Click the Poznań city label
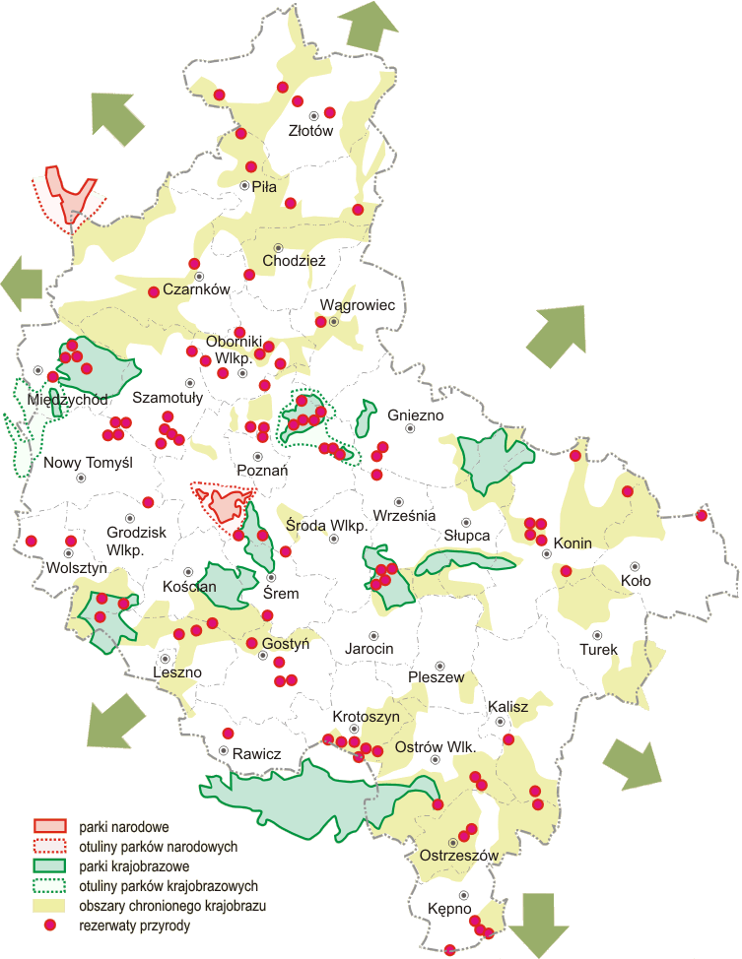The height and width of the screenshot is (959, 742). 262,472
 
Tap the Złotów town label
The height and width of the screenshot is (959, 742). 311,130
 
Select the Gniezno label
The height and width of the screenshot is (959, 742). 416,416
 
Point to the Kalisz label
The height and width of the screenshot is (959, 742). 508,707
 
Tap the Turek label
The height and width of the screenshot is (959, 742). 598,650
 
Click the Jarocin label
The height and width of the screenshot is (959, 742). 370,649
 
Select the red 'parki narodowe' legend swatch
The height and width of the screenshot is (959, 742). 49,826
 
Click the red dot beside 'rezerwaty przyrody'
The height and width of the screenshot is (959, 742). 49,926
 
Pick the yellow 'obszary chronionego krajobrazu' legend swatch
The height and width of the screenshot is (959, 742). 49,905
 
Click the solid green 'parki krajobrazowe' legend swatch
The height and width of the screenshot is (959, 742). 49,865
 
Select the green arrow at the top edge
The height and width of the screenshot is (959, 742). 364,26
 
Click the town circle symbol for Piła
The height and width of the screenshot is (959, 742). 245,184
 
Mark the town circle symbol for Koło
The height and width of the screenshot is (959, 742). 635,567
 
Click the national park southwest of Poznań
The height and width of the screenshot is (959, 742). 224,505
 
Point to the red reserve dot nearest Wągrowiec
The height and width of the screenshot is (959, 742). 320,322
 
